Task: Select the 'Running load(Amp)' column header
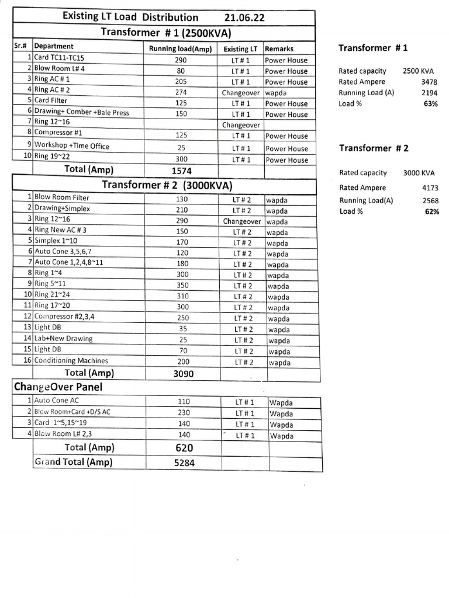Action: click(x=181, y=49)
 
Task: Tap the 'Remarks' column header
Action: click(x=279, y=49)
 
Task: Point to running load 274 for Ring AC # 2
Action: click(x=181, y=92)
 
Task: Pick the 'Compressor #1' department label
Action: click(x=58, y=133)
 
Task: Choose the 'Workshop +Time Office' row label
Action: click(x=71, y=146)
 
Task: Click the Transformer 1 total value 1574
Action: click(x=181, y=171)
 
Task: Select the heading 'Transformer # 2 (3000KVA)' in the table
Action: click(x=167, y=186)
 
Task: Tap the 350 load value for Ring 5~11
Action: click(x=182, y=286)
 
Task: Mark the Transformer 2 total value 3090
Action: click(x=184, y=374)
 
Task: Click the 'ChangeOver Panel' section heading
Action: click(x=54, y=387)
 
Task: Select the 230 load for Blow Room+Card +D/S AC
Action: click(x=184, y=412)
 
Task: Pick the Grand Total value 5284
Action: click(x=184, y=463)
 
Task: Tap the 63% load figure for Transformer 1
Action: click(x=431, y=103)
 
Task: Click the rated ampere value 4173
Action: click(x=429, y=188)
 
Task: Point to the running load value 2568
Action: click(x=429, y=200)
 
